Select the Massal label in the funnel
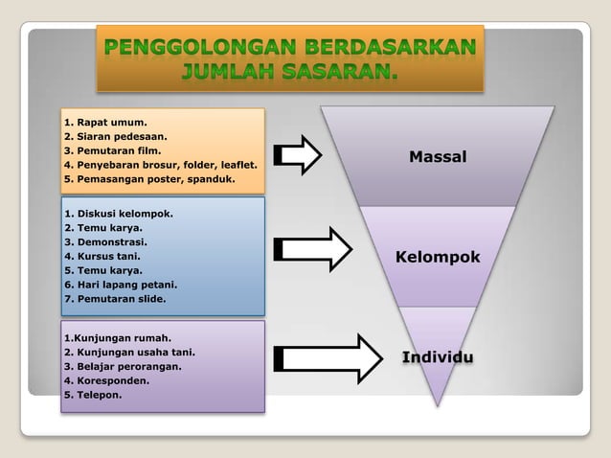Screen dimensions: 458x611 (x=438, y=156)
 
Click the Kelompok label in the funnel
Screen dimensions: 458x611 (x=438, y=258)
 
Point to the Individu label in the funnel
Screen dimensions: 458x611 (x=438, y=357)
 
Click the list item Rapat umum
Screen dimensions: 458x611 (x=105, y=123)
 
